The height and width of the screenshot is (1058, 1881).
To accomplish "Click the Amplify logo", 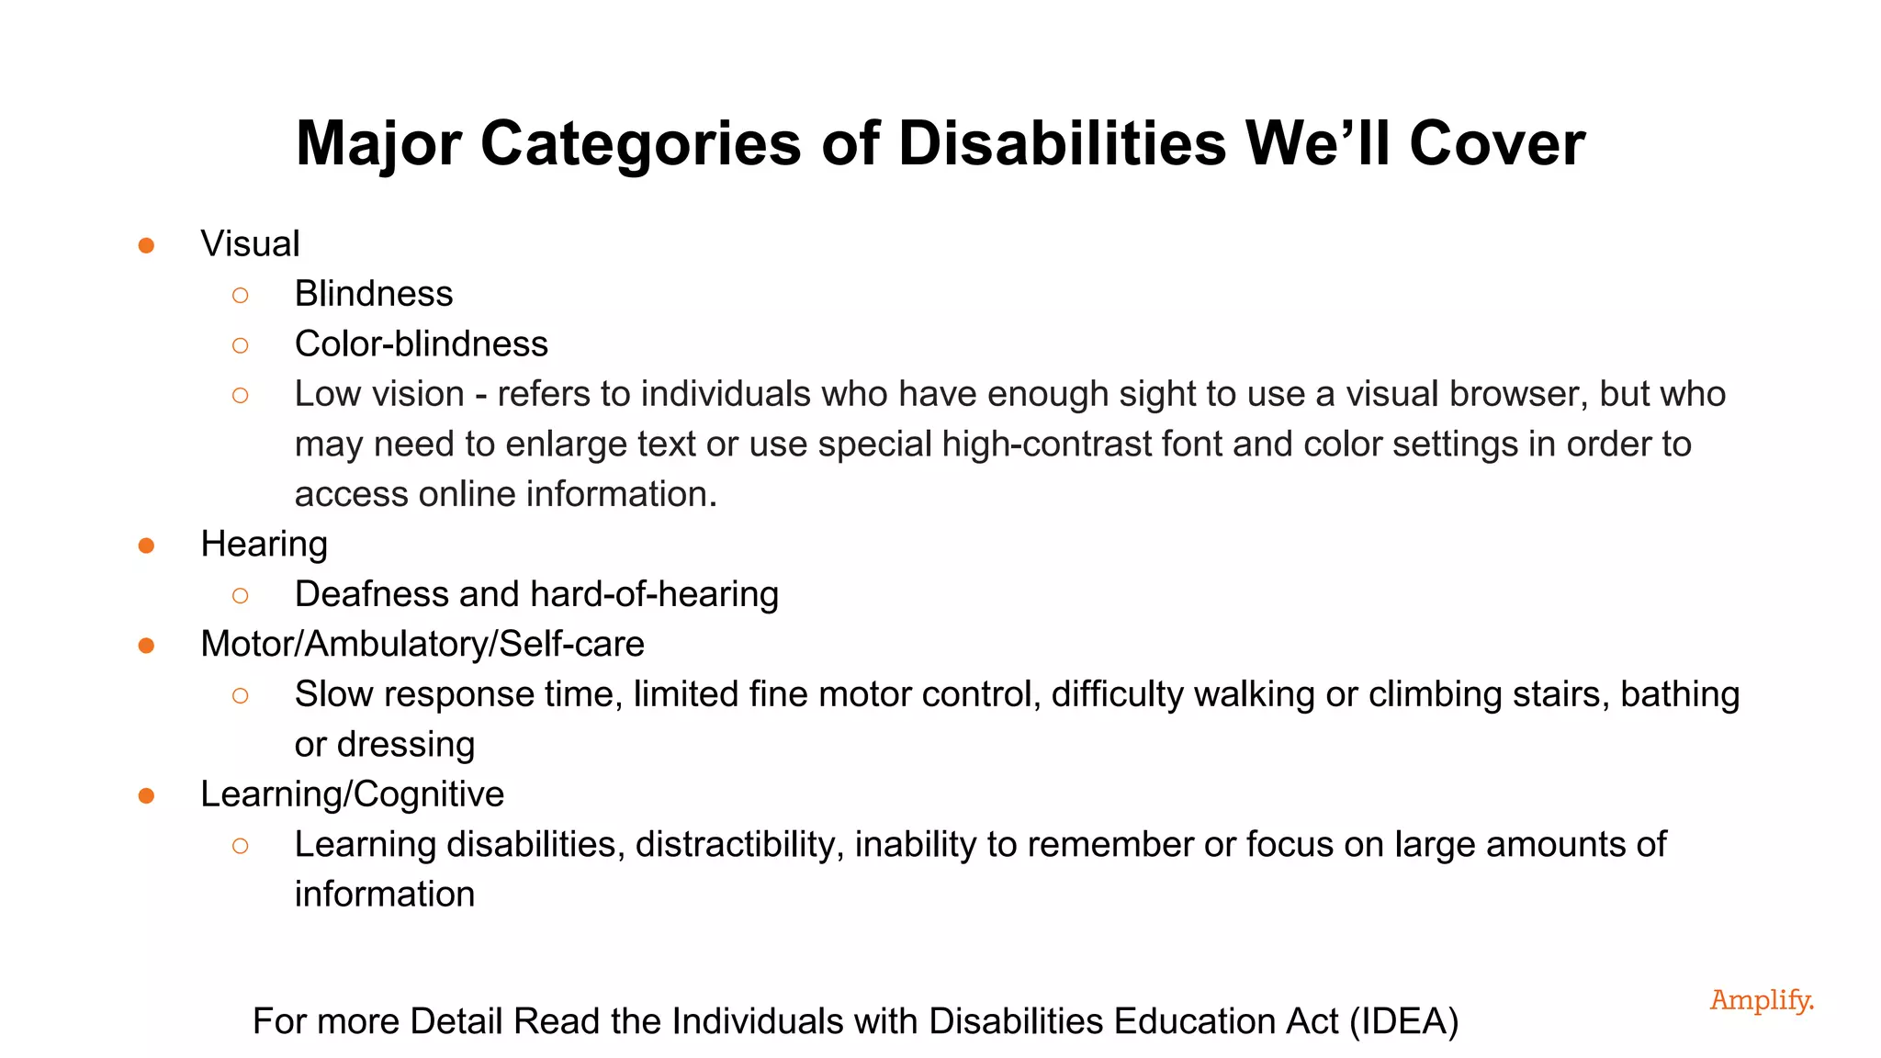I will (1762, 1000).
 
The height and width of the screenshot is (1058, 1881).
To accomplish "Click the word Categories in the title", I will (641, 144).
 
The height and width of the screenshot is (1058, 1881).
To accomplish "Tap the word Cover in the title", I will (1497, 144).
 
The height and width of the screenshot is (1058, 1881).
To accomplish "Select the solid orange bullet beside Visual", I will (146, 245).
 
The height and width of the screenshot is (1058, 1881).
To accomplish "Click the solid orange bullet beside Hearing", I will (146, 546).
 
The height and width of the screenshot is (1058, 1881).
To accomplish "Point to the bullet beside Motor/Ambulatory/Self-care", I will (146, 646).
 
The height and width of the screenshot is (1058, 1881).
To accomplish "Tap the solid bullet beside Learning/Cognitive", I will (146, 795).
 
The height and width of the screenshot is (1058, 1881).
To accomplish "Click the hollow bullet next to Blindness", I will (241, 295).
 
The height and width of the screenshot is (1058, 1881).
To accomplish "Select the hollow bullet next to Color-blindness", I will (241, 345).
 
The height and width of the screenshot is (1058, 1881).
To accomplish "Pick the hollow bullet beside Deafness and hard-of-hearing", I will (241, 595).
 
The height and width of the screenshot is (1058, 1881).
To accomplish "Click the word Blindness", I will (374, 294).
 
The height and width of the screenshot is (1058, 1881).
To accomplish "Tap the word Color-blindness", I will (422, 344).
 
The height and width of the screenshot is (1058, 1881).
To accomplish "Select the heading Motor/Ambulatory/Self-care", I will (422, 644).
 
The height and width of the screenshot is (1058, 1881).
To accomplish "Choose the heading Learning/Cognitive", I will (353, 794).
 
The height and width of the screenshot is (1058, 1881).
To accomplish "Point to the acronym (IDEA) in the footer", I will (1403, 1021).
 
